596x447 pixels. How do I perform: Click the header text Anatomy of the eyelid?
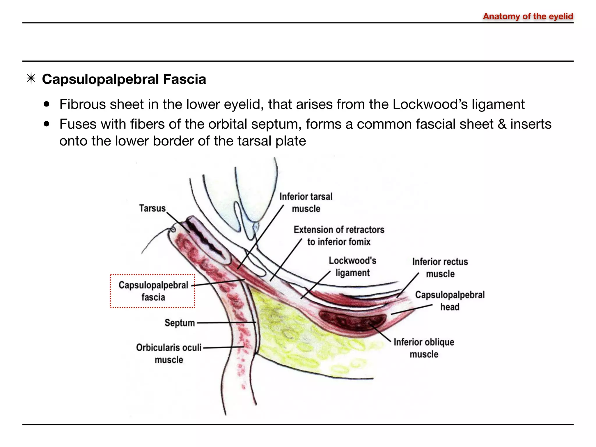[528, 16]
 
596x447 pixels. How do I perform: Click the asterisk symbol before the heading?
[31, 79]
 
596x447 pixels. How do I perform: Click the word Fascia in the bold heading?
[184, 79]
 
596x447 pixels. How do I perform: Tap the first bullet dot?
[47, 104]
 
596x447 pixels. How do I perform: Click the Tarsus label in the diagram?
[152, 208]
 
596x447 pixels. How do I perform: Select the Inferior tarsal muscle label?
[306, 203]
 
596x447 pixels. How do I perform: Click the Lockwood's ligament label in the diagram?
[352, 267]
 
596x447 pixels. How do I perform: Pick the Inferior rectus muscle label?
[440, 267]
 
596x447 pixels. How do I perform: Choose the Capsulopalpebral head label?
[450, 301]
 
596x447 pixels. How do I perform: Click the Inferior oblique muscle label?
[424, 348]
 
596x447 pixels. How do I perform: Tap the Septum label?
[180, 323]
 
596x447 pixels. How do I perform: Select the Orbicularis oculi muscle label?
[169, 353]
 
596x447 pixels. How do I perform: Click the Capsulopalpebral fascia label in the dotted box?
[153, 291]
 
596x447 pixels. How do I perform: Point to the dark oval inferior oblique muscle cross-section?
[353, 321]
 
